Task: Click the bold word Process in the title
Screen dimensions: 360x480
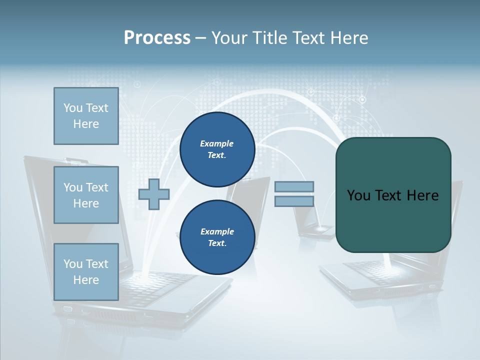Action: pyautogui.click(x=157, y=38)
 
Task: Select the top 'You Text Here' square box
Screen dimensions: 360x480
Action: pyautogui.click(x=86, y=116)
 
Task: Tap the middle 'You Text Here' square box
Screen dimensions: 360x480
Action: pyautogui.click(x=86, y=195)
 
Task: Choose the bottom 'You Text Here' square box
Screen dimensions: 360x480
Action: pyautogui.click(x=86, y=271)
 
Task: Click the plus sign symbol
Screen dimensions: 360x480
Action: pyautogui.click(x=154, y=194)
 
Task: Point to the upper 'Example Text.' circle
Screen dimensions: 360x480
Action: pyautogui.click(x=217, y=149)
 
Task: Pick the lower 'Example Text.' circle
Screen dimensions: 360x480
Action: pyautogui.click(x=217, y=237)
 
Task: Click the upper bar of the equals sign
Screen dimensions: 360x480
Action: pyautogui.click(x=294, y=187)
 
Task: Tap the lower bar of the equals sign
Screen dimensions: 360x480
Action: pyautogui.click(x=294, y=201)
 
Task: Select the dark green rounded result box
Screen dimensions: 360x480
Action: pyautogui.click(x=393, y=195)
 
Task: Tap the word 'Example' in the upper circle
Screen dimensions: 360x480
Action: pyautogui.click(x=217, y=143)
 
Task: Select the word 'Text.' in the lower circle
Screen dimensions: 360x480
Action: pyautogui.click(x=217, y=243)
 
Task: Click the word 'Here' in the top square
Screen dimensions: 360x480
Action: pyautogui.click(x=86, y=124)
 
